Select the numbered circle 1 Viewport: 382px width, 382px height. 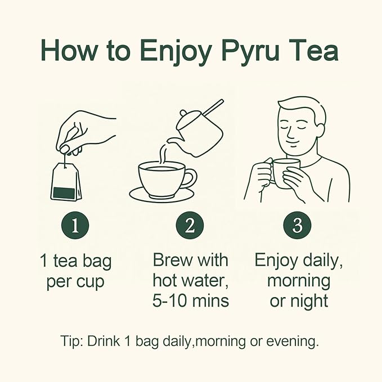click(x=75, y=226)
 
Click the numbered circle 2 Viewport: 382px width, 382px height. click(x=190, y=226)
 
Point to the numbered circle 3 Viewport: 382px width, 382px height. click(x=297, y=226)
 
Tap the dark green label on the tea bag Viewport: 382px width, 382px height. click(x=64, y=193)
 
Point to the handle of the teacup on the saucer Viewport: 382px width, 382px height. click(x=191, y=177)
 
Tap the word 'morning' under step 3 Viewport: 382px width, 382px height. click(x=299, y=281)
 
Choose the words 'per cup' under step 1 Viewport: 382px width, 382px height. click(x=75, y=282)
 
